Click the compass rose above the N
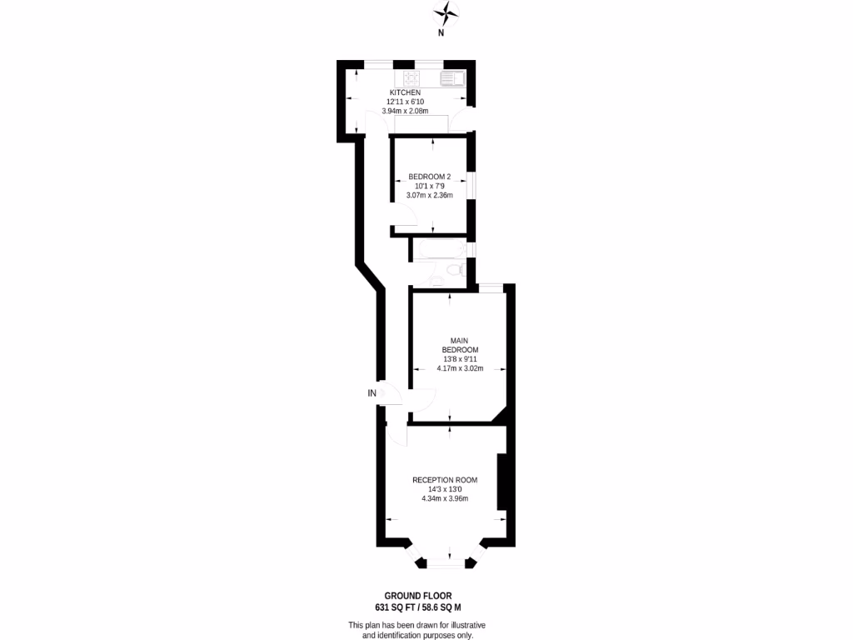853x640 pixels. [x=448, y=12]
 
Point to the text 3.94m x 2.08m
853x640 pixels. [x=405, y=111]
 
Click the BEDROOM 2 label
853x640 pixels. [x=429, y=177]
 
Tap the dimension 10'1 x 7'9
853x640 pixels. [x=429, y=186]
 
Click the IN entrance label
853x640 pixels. [x=372, y=392]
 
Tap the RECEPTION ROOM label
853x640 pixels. [x=445, y=480]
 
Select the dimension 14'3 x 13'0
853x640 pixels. [x=445, y=490]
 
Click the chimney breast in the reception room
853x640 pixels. [x=501, y=482]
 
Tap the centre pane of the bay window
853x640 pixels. [x=449, y=565]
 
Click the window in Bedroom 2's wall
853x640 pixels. [x=471, y=186]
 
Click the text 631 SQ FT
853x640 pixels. [x=398, y=608]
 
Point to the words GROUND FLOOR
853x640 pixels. [x=424, y=596]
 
